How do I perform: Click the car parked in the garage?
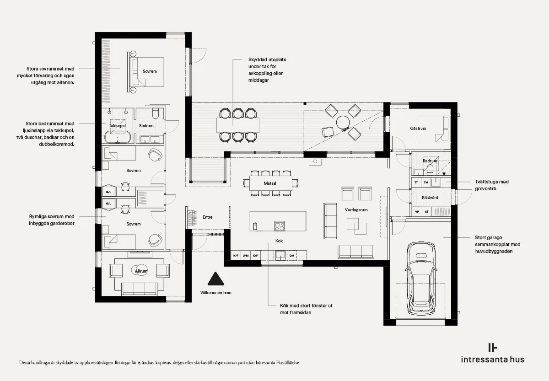click(421, 279)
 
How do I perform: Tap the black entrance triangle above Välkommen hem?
click(215, 279)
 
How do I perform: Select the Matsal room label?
click(270, 183)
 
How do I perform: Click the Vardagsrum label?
click(356, 210)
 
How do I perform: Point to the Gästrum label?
click(418, 129)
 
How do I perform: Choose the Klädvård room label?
click(430, 198)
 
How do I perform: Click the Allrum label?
click(141, 271)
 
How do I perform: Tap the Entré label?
click(208, 217)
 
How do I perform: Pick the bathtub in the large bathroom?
click(118, 137)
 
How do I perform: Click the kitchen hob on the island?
click(280, 226)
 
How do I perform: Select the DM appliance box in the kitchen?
click(292, 256)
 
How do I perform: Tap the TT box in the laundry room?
click(416, 182)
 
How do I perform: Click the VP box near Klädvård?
click(417, 212)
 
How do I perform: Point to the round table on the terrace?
click(343, 122)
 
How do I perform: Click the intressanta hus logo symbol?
click(492, 348)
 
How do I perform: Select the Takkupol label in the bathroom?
click(117, 126)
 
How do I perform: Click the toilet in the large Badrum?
click(156, 113)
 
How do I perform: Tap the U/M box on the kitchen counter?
click(245, 256)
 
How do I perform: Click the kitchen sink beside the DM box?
click(280, 255)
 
